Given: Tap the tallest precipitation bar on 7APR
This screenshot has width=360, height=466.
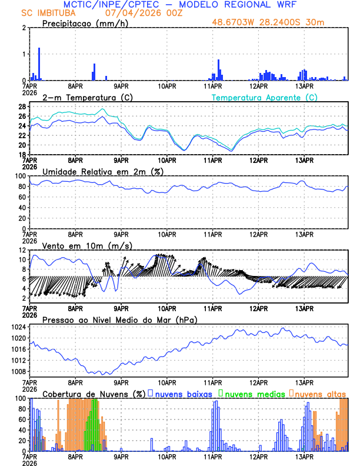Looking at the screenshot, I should point(39,64).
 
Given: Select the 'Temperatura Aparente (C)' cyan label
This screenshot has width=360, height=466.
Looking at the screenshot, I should point(265,97).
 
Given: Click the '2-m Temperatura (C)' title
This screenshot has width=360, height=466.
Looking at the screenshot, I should point(83,97).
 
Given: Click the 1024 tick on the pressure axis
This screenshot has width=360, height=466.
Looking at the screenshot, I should point(19,327).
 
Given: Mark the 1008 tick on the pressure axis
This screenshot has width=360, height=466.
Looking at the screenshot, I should point(19,371).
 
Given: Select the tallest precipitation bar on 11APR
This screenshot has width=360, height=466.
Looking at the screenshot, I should point(218,69).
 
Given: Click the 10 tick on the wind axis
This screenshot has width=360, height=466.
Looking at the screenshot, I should point(22,259).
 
